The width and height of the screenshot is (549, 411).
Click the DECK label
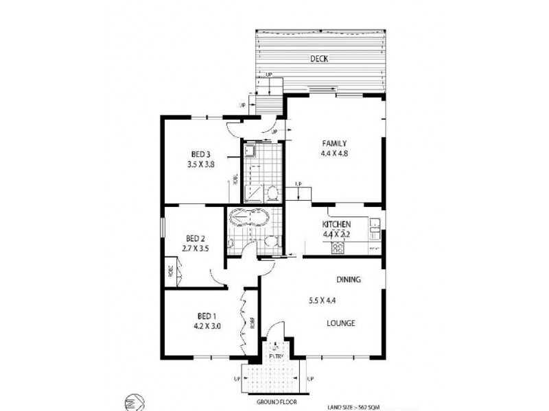click(x=318, y=59)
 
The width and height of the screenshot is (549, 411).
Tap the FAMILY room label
click(x=335, y=143)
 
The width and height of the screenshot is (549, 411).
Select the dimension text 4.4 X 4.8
click(x=335, y=154)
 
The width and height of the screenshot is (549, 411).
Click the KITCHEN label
click(x=337, y=225)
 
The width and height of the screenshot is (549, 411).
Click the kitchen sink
click(x=376, y=224)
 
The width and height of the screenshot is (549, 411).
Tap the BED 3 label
click(x=200, y=154)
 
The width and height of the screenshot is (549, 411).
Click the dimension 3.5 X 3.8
click(x=200, y=165)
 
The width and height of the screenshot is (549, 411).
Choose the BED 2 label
click(x=195, y=238)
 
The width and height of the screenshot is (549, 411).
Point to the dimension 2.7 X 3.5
click(x=195, y=249)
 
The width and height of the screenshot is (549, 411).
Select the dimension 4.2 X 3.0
click(x=207, y=327)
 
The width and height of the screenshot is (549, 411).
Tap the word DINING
click(x=349, y=280)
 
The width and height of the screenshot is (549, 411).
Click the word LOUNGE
click(x=340, y=323)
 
